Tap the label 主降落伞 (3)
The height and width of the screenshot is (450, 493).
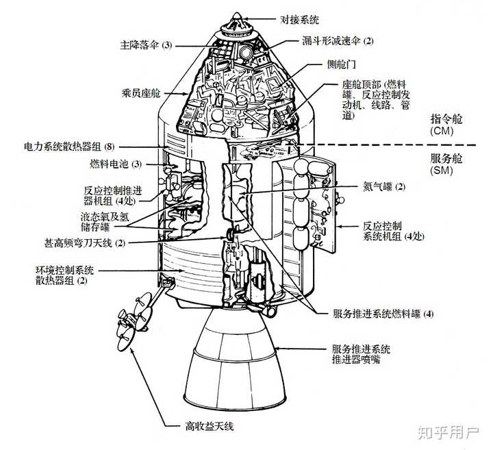[144, 45]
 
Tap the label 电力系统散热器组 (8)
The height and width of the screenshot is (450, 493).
[69, 147]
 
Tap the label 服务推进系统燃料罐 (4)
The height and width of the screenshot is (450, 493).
[383, 314]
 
